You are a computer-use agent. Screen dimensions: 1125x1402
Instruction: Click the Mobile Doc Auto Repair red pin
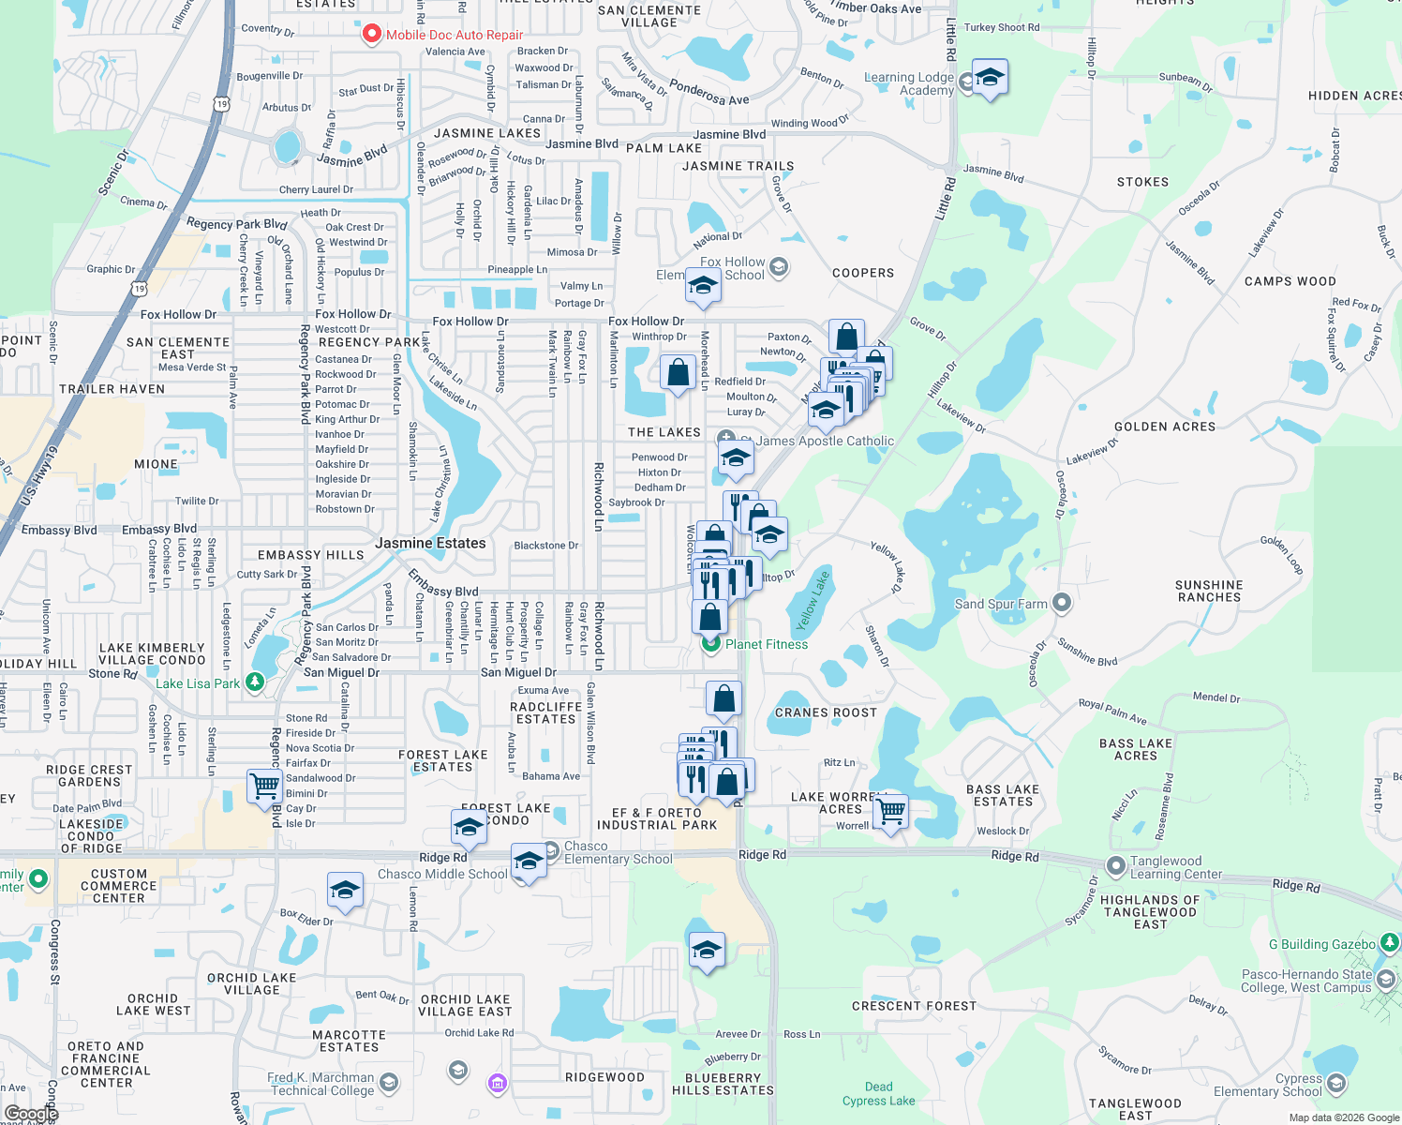click(x=371, y=34)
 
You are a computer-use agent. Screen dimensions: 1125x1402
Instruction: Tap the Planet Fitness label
click(x=766, y=644)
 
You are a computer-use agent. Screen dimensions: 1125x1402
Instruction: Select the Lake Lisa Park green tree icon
click(x=254, y=682)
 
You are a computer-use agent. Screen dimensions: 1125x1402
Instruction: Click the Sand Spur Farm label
click(x=1000, y=604)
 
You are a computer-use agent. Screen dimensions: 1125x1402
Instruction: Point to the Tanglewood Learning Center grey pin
click(x=1115, y=866)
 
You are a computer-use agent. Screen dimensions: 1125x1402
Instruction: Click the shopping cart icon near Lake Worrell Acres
click(x=890, y=811)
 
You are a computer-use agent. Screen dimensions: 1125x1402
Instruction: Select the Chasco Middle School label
click(x=442, y=874)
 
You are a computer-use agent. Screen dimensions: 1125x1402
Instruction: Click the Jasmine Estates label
click(x=430, y=543)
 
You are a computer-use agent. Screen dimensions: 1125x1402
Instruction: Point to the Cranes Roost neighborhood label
click(x=826, y=712)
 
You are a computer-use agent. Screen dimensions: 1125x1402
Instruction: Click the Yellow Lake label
click(x=812, y=601)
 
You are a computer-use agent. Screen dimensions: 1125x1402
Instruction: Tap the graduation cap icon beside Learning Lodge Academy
click(x=990, y=78)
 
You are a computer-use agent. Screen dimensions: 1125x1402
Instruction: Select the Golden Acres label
click(x=1165, y=427)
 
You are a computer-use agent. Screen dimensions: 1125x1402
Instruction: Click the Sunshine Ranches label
click(x=1209, y=591)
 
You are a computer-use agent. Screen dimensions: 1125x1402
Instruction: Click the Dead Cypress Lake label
click(x=878, y=1094)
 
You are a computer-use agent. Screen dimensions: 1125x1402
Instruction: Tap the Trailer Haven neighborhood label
click(x=112, y=389)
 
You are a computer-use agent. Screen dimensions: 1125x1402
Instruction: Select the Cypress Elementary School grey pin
click(x=1336, y=1084)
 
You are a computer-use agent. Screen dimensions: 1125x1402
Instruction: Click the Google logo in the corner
click(x=31, y=1114)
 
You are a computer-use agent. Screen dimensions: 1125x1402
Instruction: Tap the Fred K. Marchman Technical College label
click(x=321, y=1084)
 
